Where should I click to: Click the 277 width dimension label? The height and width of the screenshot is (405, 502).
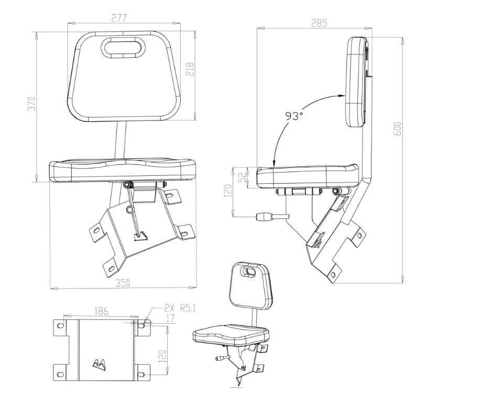point(119,18)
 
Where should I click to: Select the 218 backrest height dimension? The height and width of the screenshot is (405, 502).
point(190,68)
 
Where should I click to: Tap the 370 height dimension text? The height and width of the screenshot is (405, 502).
point(32,103)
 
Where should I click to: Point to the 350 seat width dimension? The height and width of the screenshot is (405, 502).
point(123,283)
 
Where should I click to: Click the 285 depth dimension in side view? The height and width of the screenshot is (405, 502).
point(319,23)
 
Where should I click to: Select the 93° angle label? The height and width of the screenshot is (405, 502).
point(294,116)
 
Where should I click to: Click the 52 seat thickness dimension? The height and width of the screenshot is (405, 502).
point(244,177)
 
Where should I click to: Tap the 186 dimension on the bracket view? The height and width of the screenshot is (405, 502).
point(101,311)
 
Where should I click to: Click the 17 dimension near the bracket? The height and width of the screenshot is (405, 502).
point(170,318)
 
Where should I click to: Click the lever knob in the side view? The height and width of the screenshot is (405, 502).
point(264,217)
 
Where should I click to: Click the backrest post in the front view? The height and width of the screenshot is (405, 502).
point(121,141)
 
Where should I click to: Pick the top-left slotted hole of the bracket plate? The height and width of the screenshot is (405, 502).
point(59,326)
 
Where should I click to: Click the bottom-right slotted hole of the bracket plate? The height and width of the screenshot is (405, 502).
point(141,374)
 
